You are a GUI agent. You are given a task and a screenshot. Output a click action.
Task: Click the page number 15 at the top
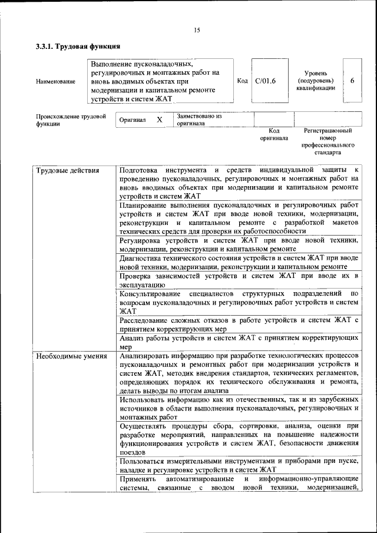(197, 30)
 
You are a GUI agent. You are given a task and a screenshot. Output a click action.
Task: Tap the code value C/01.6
(265, 81)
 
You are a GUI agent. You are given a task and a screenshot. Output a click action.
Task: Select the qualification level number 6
(352, 81)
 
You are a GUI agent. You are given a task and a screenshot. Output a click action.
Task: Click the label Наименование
(55, 81)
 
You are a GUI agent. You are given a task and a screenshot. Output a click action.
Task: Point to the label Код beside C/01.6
(242, 81)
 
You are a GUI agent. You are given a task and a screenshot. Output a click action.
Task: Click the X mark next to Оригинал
(159, 120)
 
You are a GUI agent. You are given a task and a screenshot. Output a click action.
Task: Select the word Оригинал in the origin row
(132, 120)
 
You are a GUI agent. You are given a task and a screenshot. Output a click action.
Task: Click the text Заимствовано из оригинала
(199, 120)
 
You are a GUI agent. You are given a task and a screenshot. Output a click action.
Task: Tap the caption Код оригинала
(274, 134)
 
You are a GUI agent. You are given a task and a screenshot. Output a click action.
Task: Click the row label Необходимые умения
(71, 356)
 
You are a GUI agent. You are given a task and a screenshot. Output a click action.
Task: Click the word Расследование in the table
(143, 320)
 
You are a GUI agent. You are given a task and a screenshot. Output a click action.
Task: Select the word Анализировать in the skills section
(145, 356)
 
